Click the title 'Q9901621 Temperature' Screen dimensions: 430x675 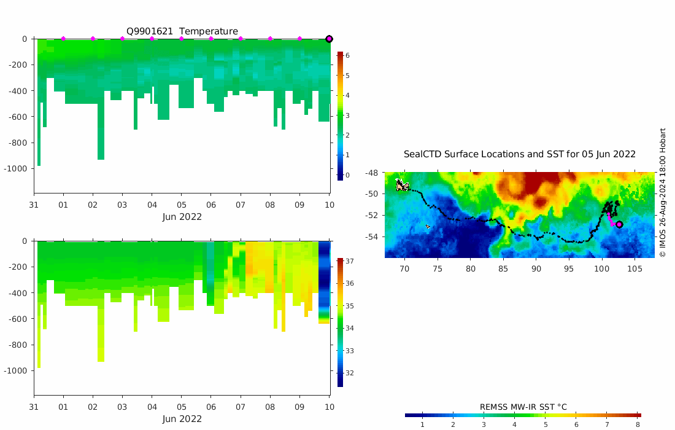(x=182, y=31)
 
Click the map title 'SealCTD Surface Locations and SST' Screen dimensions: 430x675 (x=519, y=154)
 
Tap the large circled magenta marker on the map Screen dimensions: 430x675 (x=619, y=224)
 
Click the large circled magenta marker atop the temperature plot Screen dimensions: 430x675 (x=329, y=39)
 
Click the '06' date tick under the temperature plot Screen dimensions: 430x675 (x=211, y=205)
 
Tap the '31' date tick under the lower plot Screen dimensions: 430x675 (x=34, y=407)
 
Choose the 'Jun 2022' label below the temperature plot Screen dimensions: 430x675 (x=182, y=217)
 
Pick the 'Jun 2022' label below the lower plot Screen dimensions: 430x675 (x=182, y=419)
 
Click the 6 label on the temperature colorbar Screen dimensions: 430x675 (x=347, y=55)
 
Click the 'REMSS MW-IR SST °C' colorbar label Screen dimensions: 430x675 (x=523, y=407)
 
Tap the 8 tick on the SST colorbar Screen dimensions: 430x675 (x=638, y=424)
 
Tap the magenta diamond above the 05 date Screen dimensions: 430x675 (x=182, y=39)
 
